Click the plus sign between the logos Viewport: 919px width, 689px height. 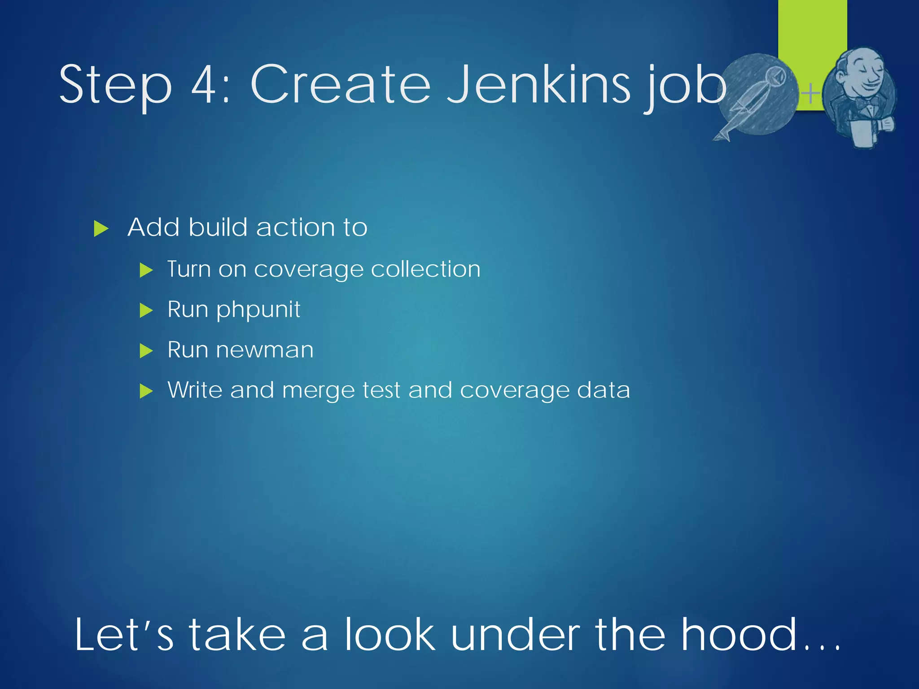tap(810, 94)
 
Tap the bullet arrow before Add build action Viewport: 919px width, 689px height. tap(101, 229)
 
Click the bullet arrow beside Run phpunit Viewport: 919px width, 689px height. tap(146, 310)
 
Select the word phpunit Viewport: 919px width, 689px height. tap(258, 310)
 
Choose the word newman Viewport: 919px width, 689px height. tap(265, 350)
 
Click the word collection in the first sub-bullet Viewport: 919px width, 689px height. tap(425, 269)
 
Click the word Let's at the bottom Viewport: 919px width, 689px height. tap(124, 634)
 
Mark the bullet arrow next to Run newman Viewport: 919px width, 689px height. tap(146, 351)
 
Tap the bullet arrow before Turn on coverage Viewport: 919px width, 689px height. tap(146, 270)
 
